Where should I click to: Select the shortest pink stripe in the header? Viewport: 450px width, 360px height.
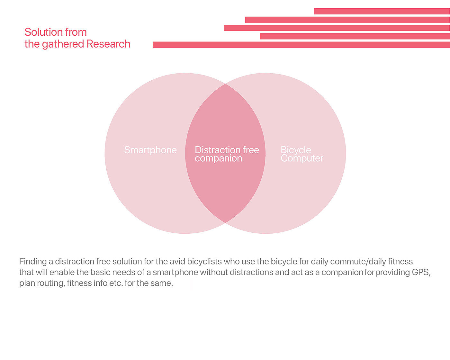[382, 11]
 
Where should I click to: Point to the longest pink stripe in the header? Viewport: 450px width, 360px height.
[301, 45]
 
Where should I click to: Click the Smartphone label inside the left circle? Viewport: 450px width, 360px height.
[150, 150]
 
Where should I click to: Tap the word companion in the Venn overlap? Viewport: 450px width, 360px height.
[218, 158]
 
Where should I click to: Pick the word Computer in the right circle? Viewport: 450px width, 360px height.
[302, 158]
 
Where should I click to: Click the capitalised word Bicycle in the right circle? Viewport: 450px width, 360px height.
[296, 150]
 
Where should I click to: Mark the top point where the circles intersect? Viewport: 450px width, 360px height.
[225, 84]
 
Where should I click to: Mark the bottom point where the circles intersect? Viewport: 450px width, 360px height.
[225, 222]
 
